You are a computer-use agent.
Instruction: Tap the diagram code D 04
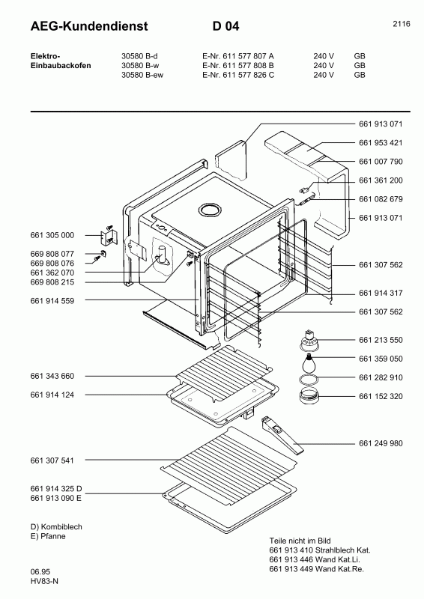coord(225,27)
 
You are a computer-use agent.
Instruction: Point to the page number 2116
coord(401,24)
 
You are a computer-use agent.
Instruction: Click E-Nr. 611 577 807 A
coord(238,55)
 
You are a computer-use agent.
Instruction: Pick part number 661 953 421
coord(381,142)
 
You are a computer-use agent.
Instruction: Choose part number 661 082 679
coord(381,199)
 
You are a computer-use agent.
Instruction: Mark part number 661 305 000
coord(52,235)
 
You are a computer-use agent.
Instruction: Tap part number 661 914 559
coord(52,300)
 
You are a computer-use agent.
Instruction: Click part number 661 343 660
coord(52,376)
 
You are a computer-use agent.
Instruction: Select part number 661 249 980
coord(381,443)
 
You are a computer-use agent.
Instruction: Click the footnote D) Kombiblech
coord(56,527)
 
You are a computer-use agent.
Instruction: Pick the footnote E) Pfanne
coord(49,537)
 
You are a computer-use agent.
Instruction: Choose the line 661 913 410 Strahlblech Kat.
coord(318,550)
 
